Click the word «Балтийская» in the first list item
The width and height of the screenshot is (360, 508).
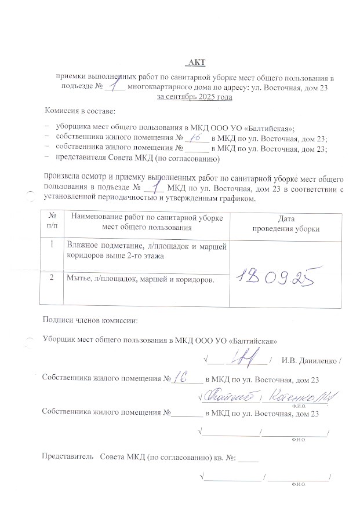click(270, 127)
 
